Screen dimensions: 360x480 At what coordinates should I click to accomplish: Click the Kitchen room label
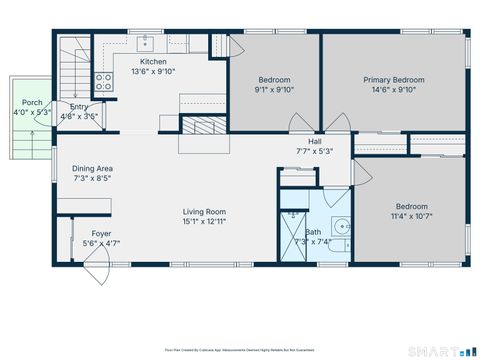(x=153, y=61)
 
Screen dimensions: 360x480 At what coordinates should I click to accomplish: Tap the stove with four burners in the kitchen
(x=103, y=82)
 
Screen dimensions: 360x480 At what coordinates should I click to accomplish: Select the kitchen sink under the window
(x=147, y=42)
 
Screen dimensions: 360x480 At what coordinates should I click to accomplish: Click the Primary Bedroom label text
(x=393, y=80)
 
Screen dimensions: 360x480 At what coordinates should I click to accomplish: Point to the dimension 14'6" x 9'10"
(x=393, y=90)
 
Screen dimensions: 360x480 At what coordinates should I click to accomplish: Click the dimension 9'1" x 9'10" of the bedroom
(x=274, y=90)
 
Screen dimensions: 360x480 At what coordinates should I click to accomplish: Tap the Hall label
(x=315, y=142)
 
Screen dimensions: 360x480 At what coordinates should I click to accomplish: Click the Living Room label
(x=203, y=211)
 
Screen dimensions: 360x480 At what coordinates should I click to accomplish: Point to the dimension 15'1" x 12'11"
(x=203, y=221)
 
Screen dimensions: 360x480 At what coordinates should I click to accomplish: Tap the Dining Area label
(x=91, y=168)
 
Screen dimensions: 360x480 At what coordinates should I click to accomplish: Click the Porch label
(x=32, y=102)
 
